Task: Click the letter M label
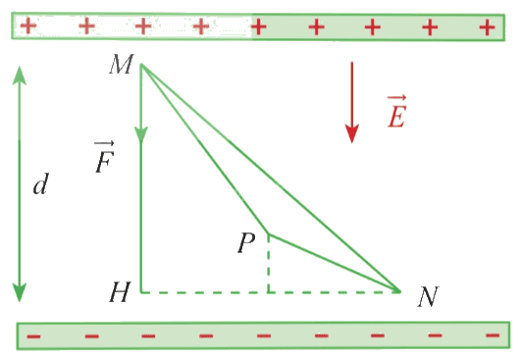pyautogui.click(x=122, y=64)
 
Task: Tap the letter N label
pyautogui.click(x=428, y=296)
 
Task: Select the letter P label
pyautogui.click(x=246, y=242)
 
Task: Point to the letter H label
pyautogui.click(x=120, y=292)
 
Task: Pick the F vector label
pyautogui.click(x=105, y=157)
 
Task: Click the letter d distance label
pyautogui.click(x=41, y=183)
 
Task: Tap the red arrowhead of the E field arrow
pyautogui.click(x=352, y=133)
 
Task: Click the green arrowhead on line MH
pyautogui.click(x=141, y=134)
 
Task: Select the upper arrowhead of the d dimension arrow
pyautogui.click(x=20, y=76)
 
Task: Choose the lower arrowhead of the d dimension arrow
pyautogui.click(x=20, y=292)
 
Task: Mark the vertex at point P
pyautogui.click(x=269, y=234)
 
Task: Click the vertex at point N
pyautogui.click(x=400, y=291)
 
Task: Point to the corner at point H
pyautogui.click(x=141, y=292)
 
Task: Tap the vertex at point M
pyautogui.click(x=141, y=64)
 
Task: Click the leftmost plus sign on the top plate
pyautogui.click(x=28, y=26)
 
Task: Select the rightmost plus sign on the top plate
pyautogui.click(x=487, y=27)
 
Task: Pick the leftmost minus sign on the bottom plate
pyautogui.click(x=33, y=336)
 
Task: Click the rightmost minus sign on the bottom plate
pyautogui.click(x=493, y=335)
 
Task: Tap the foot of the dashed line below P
pyautogui.click(x=268, y=292)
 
